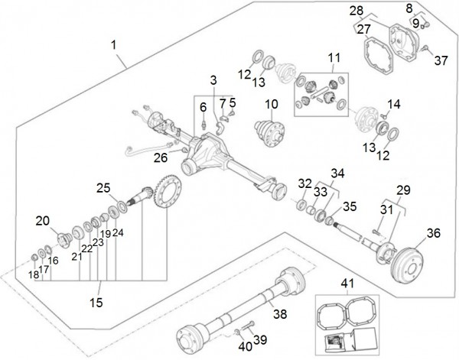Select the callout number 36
click(434, 233)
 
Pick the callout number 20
click(42, 221)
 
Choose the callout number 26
click(159, 158)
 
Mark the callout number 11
click(334, 57)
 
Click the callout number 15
click(96, 303)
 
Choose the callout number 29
click(403, 189)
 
